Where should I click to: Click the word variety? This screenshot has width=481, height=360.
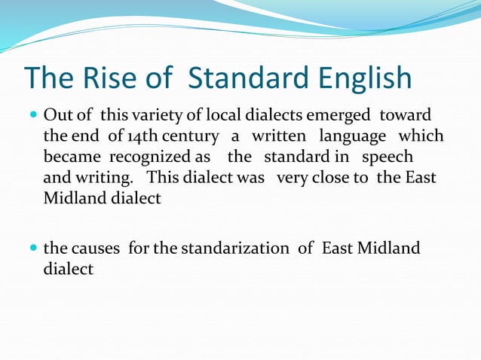click(x=155, y=117)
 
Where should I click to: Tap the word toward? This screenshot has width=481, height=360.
click(x=405, y=117)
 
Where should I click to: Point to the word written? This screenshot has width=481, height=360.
click(x=279, y=138)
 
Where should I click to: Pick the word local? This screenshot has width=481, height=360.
click(x=229, y=117)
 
